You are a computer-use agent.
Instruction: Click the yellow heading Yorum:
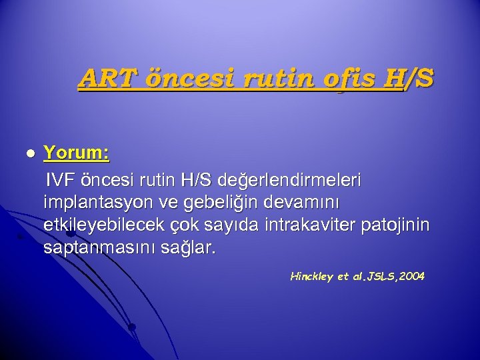[77, 154]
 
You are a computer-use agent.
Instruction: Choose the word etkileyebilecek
[109, 225]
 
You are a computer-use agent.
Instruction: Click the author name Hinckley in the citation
[313, 277]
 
